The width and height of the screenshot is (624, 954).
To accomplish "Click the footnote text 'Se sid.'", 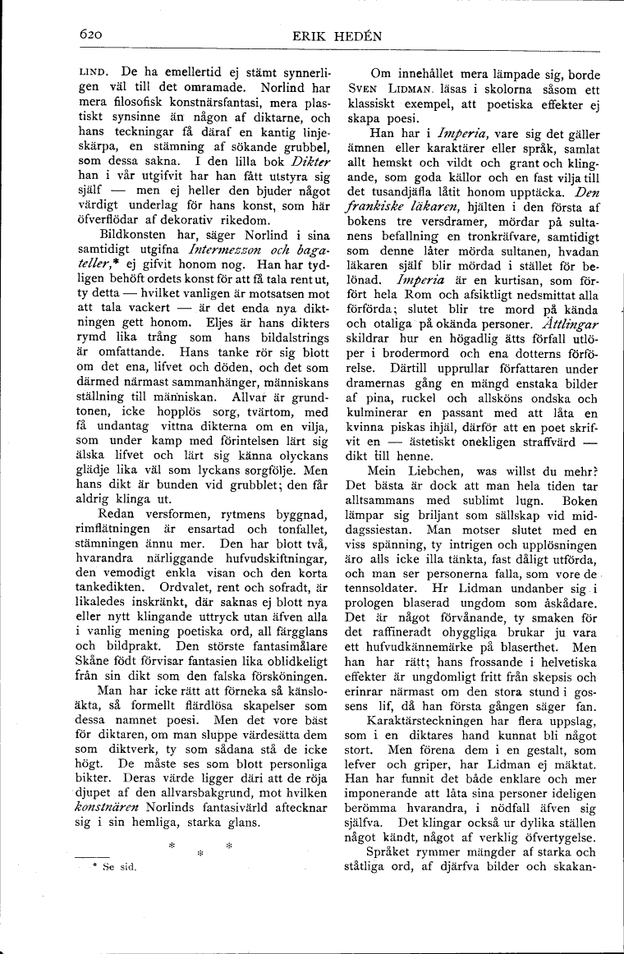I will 119,865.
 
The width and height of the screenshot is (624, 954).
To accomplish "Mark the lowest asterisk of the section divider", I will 200,855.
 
